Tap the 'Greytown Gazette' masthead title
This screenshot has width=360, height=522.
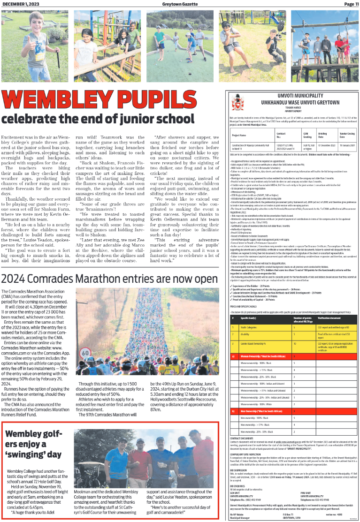pos(179,4)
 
